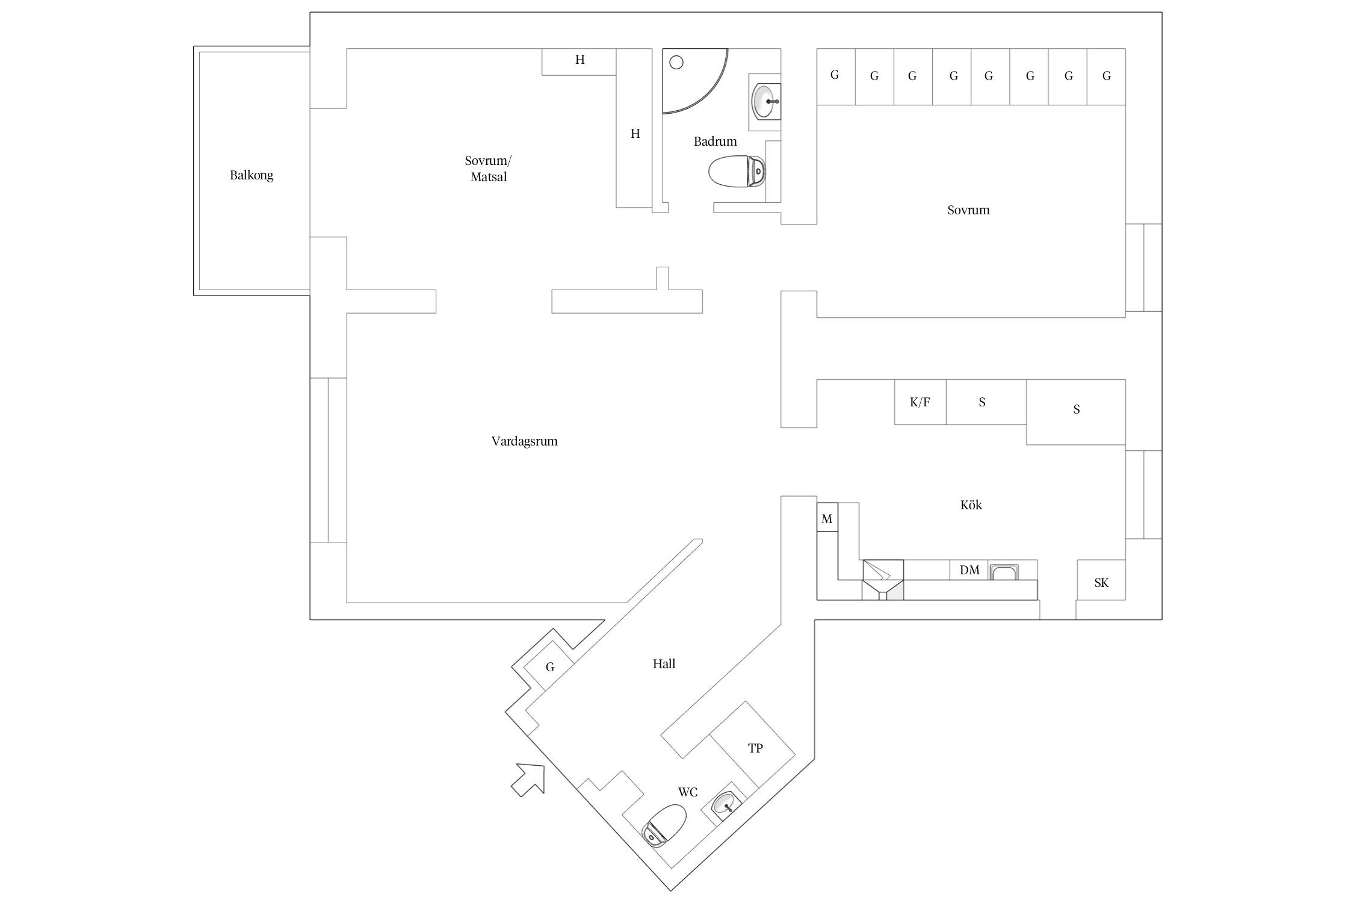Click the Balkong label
tap(252, 175)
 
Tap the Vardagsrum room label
tap(524, 441)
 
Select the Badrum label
tap(715, 141)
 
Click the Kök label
tap(971, 505)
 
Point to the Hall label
tap(664, 664)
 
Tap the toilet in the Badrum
tap(737, 172)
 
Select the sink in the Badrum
tap(766, 101)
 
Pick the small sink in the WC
tap(725, 805)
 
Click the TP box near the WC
tap(755, 748)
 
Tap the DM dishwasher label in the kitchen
tap(969, 570)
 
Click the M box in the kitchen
tap(827, 518)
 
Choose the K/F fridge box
tap(920, 402)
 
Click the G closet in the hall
tap(549, 666)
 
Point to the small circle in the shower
tap(676, 62)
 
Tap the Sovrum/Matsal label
tap(488, 169)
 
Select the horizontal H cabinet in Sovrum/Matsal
tap(579, 61)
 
